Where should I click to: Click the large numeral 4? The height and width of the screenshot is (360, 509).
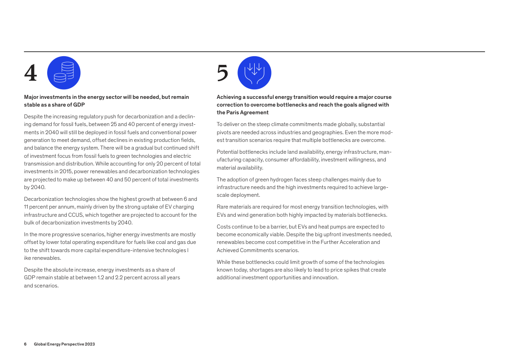coord(31,73)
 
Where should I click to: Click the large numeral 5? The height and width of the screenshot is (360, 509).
coord(223,73)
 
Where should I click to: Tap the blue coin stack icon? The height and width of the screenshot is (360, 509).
coord(63,73)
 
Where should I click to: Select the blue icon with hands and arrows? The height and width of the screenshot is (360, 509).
coord(254,73)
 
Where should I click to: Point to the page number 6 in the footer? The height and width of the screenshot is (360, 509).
coord(25,344)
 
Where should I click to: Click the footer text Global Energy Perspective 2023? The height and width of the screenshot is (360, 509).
coord(64,344)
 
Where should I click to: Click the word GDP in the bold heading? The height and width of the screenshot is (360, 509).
coord(79,105)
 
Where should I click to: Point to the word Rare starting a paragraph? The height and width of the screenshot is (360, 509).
coord(223,207)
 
